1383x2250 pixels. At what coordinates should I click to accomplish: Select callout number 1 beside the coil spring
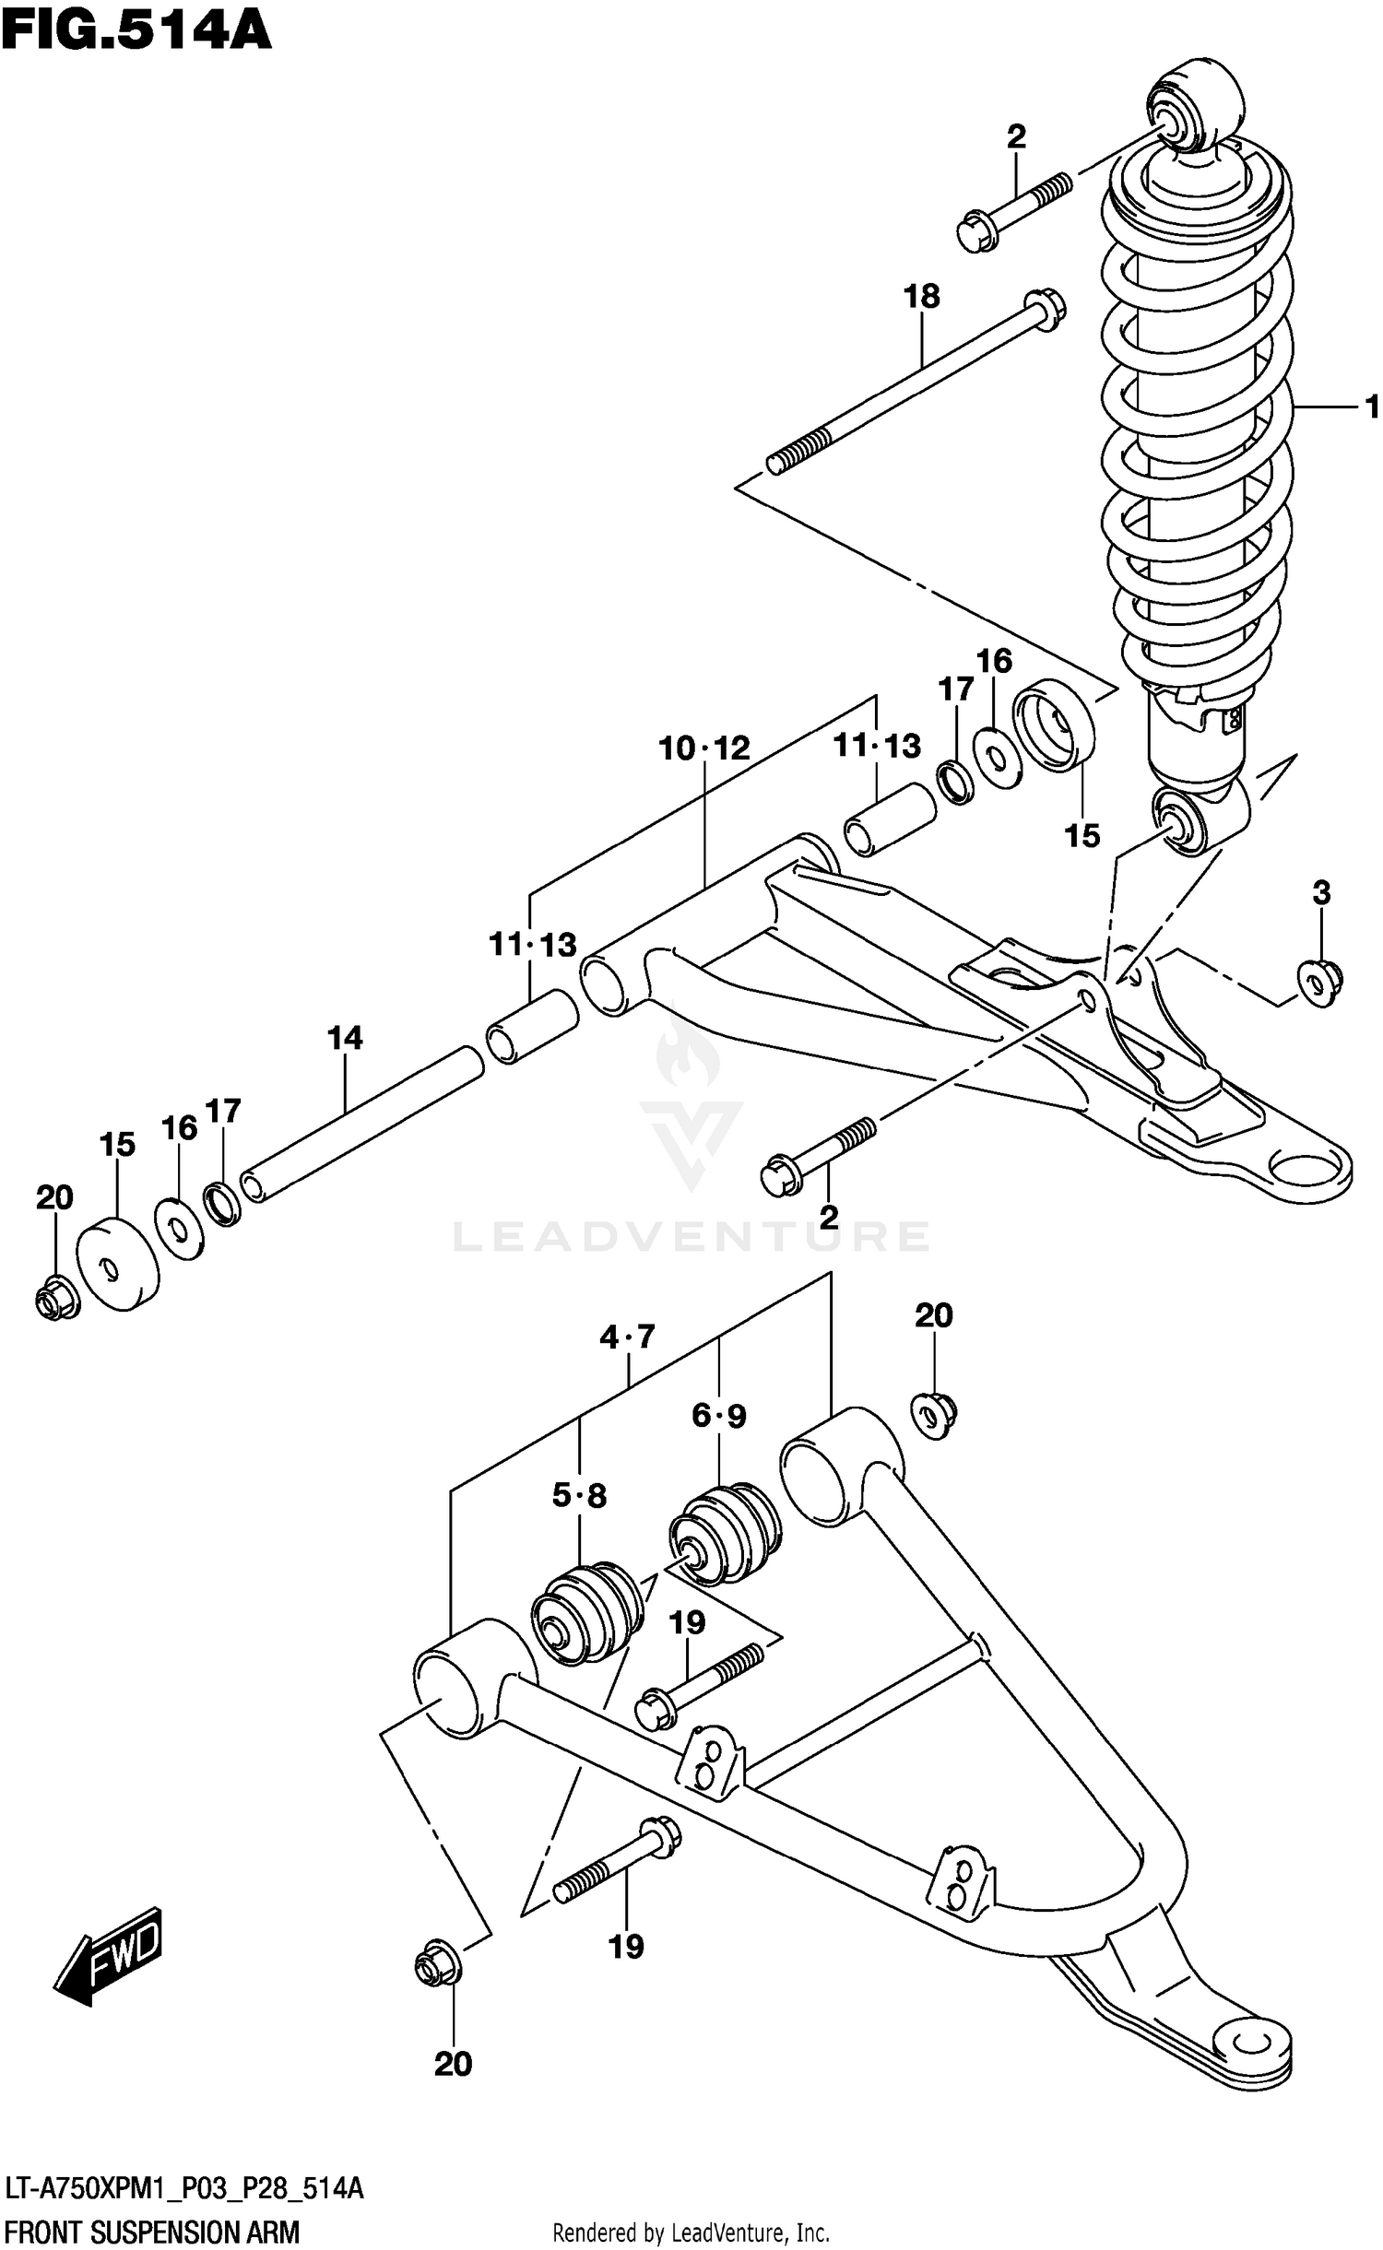coord(1371,406)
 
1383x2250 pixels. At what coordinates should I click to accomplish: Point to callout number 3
coord(1321,892)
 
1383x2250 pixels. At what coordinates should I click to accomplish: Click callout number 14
coord(345,1038)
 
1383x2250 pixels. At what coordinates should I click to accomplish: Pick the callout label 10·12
coord(703,748)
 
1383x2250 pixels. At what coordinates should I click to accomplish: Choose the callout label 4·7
coord(627,1336)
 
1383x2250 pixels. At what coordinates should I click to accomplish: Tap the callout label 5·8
coord(579,1494)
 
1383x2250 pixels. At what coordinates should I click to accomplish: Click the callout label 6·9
coord(719,1415)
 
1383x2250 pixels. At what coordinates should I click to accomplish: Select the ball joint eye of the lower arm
coord(1252,2041)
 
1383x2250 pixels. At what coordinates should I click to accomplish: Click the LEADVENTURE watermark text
coord(691,1236)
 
